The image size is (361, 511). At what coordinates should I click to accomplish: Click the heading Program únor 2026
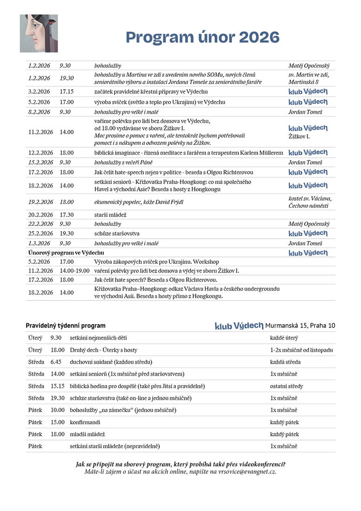tap(202, 37)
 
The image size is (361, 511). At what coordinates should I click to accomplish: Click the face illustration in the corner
tap(39, 33)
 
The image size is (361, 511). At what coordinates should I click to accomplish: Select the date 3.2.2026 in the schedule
tap(39, 92)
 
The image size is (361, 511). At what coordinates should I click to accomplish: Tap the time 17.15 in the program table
tap(66, 92)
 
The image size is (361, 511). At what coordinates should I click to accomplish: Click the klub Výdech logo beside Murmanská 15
tap(239, 326)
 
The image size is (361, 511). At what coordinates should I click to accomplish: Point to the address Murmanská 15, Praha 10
tap(300, 326)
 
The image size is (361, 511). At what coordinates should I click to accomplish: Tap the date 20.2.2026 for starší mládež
tap(39, 215)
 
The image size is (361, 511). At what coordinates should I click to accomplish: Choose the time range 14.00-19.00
tap(74, 270)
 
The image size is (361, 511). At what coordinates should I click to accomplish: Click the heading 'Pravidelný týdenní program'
tap(65, 326)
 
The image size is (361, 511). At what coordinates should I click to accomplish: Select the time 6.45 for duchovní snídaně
tap(56, 362)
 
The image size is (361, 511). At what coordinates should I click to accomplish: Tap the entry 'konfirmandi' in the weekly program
tap(85, 422)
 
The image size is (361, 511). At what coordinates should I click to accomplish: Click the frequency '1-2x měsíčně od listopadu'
tap(301, 350)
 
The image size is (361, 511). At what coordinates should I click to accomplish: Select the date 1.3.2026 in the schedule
tap(39, 243)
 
